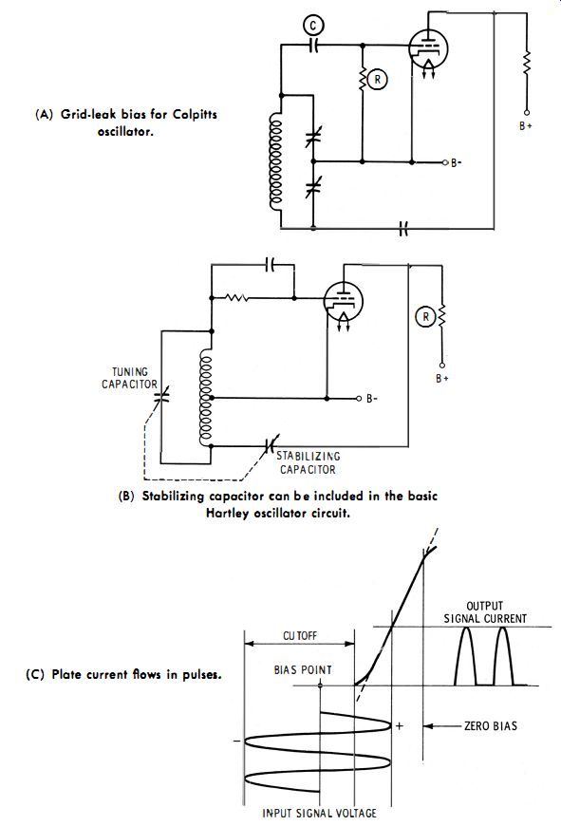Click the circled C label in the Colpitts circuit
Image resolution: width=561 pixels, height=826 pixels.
[313, 26]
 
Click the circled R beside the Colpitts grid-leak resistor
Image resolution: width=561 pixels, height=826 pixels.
[377, 80]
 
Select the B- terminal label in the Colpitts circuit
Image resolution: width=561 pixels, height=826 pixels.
[457, 162]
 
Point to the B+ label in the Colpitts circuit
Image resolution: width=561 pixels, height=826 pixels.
[525, 126]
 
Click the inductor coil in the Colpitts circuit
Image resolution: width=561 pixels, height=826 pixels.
[275, 161]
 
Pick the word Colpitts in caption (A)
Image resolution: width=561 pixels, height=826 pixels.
[195, 114]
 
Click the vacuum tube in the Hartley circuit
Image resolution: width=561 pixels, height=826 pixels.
[343, 302]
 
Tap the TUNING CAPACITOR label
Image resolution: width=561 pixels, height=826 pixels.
[130, 378]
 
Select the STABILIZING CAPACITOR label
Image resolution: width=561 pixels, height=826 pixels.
[309, 462]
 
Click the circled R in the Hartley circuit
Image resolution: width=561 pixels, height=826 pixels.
[425, 317]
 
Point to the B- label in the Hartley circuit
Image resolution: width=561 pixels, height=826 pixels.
[372, 399]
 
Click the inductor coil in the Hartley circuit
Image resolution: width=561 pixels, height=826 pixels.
[205, 399]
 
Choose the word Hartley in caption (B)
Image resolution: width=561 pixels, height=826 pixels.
[227, 513]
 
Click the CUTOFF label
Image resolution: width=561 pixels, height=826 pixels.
[300, 636]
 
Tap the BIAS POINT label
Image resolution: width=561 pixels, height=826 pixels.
[303, 670]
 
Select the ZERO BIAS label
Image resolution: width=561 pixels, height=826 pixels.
[491, 726]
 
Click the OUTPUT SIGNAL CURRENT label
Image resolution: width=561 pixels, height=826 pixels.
[485, 612]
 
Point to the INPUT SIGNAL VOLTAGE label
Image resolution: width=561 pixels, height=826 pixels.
[319, 814]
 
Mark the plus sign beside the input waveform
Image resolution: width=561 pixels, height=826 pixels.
[400, 726]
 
